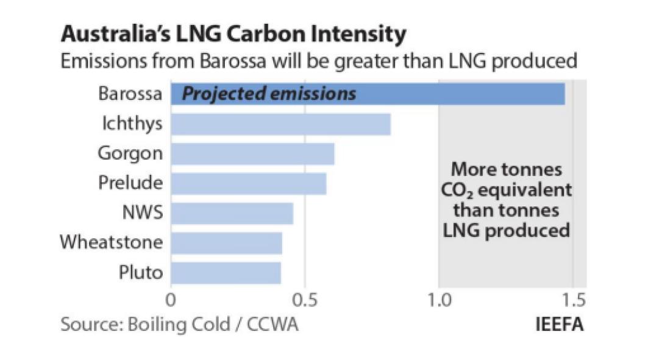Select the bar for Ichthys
(x=280, y=124)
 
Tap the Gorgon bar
(x=252, y=154)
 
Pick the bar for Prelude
(x=248, y=183)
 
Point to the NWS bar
(x=232, y=213)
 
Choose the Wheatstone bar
(x=226, y=243)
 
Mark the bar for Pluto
(x=226, y=272)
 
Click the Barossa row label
(x=130, y=94)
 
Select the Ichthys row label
(x=132, y=124)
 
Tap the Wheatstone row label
(x=112, y=243)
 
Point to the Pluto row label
(x=140, y=272)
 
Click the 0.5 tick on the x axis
(x=305, y=300)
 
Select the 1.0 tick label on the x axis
(x=439, y=300)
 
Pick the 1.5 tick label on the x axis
(x=572, y=300)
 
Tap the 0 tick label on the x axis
(x=171, y=300)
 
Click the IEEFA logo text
(x=559, y=324)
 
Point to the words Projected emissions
(x=269, y=94)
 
